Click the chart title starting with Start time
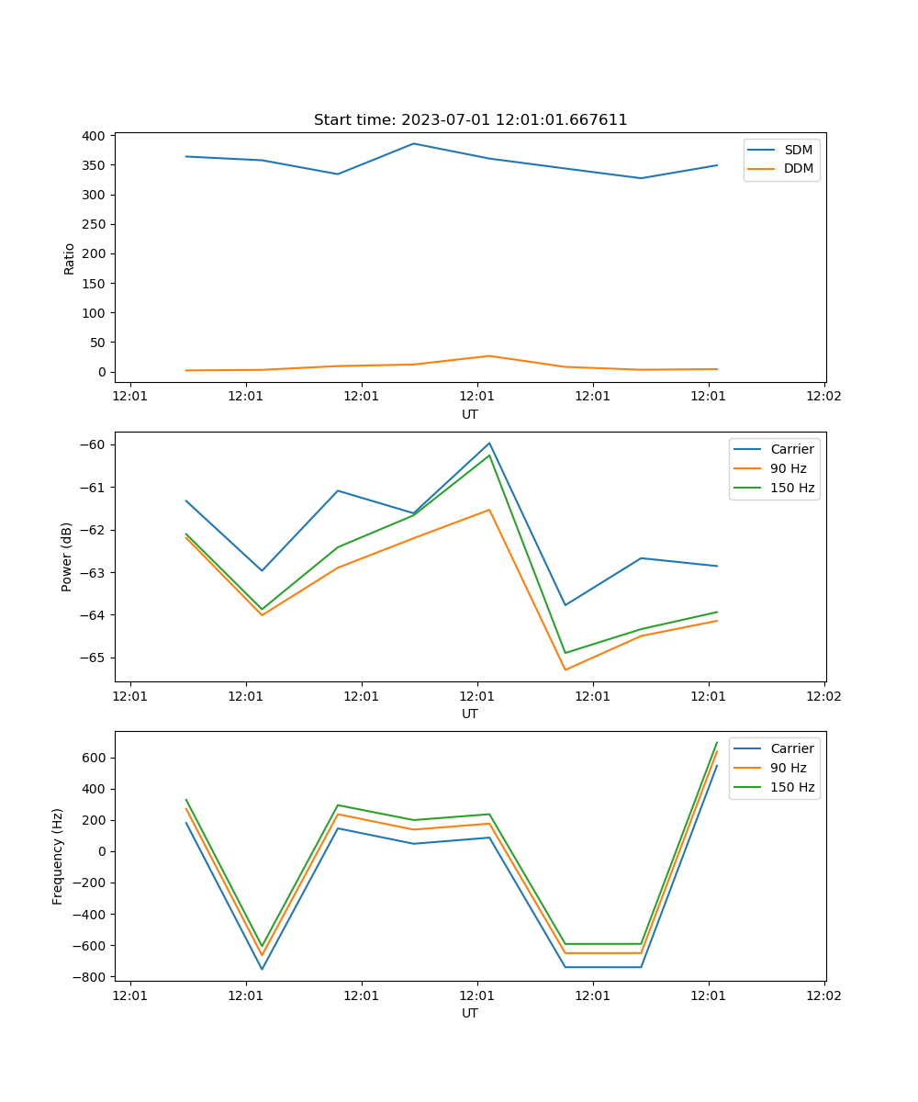pyautogui.click(x=470, y=120)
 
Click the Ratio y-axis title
pyautogui.click(x=70, y=258)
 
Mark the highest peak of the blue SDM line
pyautogui.click(x=413, y=143)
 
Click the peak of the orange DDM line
pyautogui.click(x=488, y=355)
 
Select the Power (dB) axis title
pyautogui.click(x=67, y=557)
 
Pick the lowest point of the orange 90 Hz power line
pyautogui.click(x=565, y=669)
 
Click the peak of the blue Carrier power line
pyautogui.click(x=489, y=443)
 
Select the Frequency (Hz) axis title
pyautogui.click(x=58, y=856)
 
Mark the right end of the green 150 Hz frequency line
pyautogui.click(x=717, y=742)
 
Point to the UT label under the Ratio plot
pyautogui.click(x=470, y=414)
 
